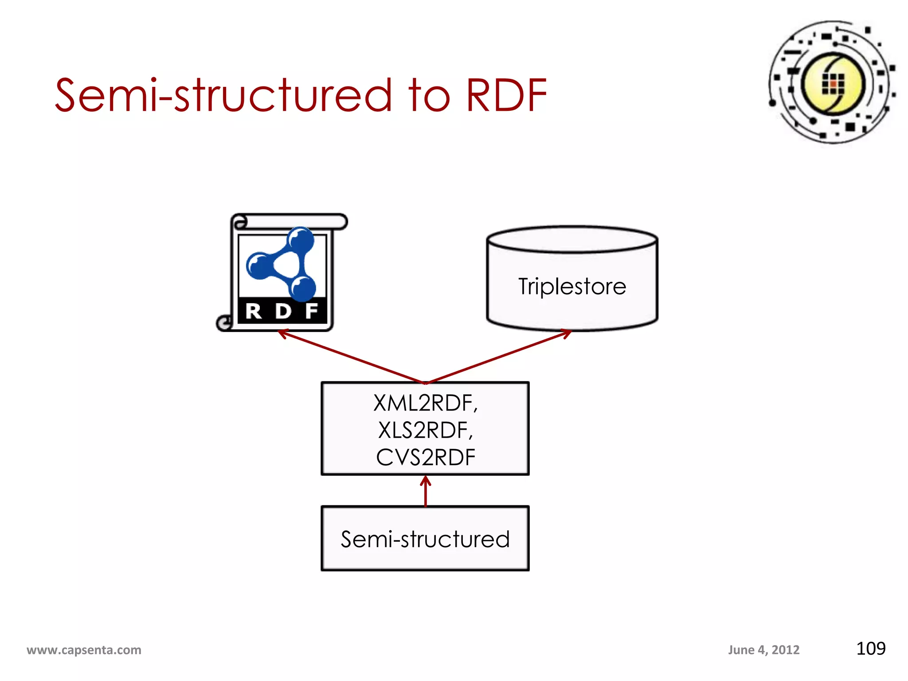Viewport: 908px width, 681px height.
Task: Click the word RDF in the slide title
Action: pos(506,95)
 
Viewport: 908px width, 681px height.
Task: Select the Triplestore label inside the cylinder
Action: pos(572,286)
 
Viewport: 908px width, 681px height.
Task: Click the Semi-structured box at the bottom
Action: pos(425,539)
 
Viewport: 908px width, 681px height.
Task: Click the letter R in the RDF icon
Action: pos(254,311)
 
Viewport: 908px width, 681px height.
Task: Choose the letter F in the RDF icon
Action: pos(312,311)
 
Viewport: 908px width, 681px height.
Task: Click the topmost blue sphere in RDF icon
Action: pos(301,241)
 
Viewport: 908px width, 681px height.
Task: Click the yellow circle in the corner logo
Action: pos(833,83)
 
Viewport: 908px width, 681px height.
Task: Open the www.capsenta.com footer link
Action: pos(84,650)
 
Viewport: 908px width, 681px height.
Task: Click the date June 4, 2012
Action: pos(763,650)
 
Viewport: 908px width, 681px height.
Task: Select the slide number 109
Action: pos(870,649)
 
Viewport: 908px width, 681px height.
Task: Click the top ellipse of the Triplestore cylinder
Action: pos(572,239)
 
